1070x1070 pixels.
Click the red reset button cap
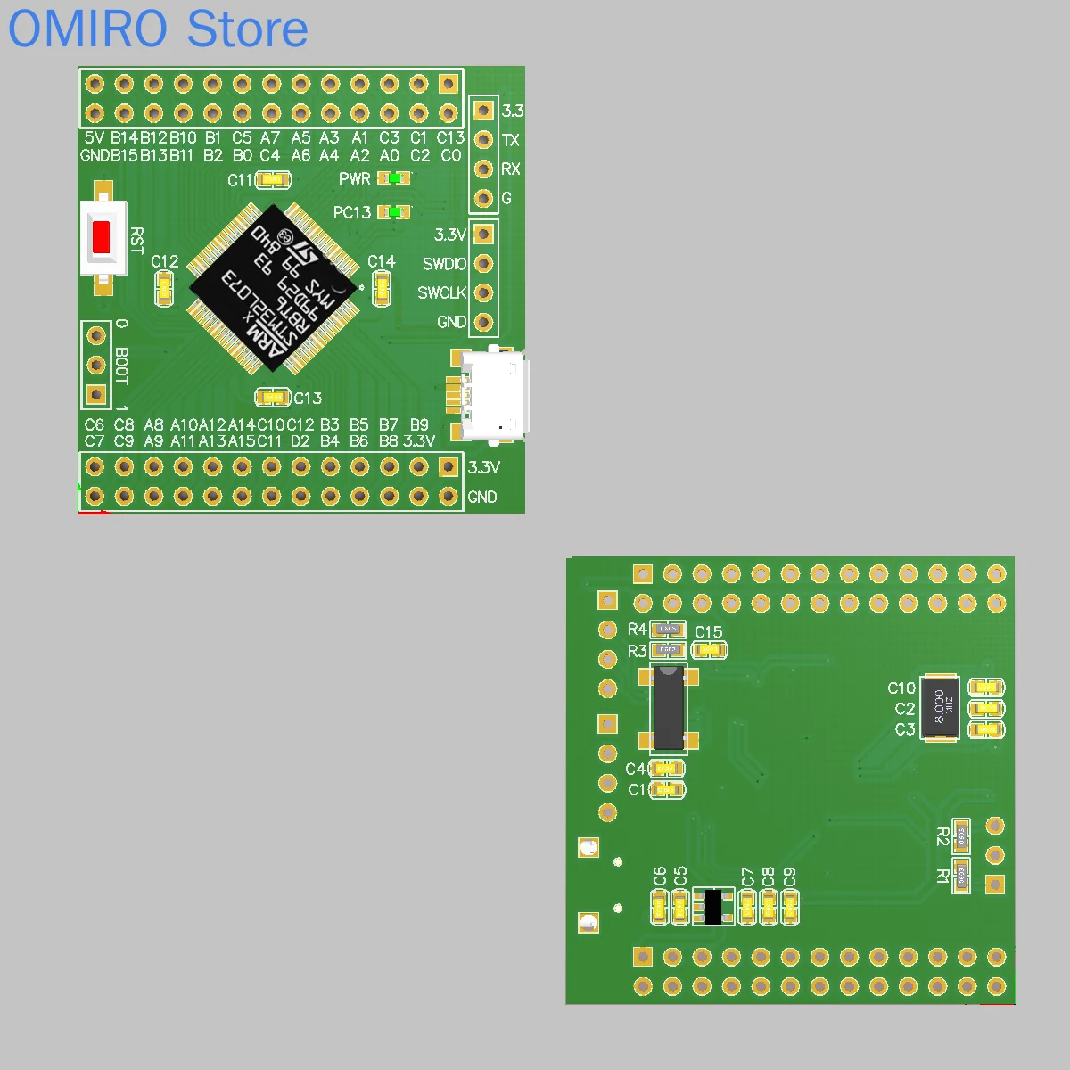point(101,237)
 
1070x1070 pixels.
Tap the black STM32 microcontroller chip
point(276,288)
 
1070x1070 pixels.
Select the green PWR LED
point(392,179)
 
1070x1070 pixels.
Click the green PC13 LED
point(393,212)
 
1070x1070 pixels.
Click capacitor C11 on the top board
point(274,180)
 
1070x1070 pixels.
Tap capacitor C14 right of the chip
point(382,287)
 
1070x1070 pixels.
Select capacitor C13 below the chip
point(273,397)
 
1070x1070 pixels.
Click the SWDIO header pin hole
point(483,263)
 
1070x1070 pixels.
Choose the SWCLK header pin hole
point(483,292)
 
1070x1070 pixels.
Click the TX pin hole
point(483,140)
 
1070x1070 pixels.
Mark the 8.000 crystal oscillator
point(940,708)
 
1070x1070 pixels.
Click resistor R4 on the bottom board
point(668,630)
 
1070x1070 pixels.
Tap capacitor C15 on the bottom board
point(709,650)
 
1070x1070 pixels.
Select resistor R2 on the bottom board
point(961,836)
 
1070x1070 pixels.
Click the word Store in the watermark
point(248,29)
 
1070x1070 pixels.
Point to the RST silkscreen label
point(136,241)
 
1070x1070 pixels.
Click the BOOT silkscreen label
point(122,366)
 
